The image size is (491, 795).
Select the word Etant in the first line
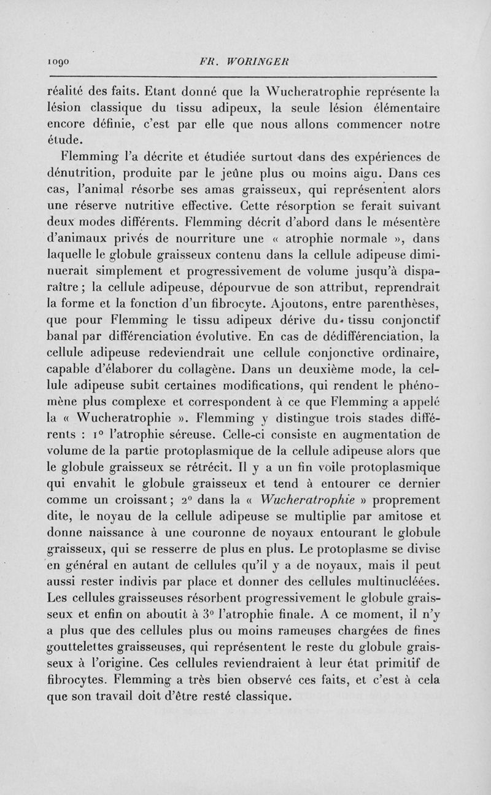coord(165,94)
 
